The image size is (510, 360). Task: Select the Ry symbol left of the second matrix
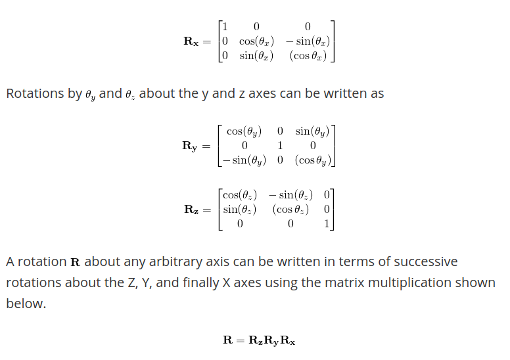pyautogui.click(x=190, y=146)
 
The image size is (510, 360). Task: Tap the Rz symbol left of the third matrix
pyautogui.click(x=191, y=210)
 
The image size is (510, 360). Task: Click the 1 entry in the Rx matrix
pyautogui.click(x=225, y=27)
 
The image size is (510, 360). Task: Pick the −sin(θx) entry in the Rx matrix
pyautogui.click(x=308, y=41)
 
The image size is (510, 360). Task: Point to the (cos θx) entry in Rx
pyautogui.click(x=308, y=56)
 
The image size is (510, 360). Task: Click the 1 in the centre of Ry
pyautogui.click(x=281, y=146)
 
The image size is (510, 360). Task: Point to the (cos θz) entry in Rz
pyautogui.click(x=290, y=210)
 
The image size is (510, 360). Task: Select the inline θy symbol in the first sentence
pyautogui.click(x=91, y=95)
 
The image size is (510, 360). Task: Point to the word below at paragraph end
pyautogui.click(x=26, y=304)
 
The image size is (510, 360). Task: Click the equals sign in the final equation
pyautogui.click(x=241, y=340)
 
